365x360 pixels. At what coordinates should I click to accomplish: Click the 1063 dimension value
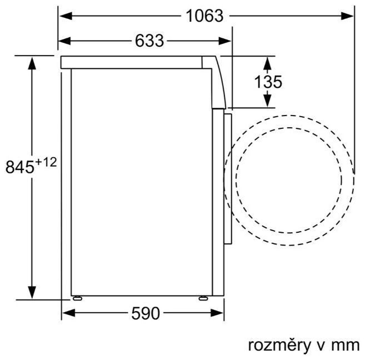[x=204, y=16]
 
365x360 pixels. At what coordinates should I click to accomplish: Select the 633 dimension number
[x=149, y=41]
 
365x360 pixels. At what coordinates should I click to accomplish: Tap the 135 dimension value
[x=268, y=82]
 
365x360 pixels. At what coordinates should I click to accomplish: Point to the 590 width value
[x=146, y=313]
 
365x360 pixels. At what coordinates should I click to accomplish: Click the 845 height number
[x=20, y=167]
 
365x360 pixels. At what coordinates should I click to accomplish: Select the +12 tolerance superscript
[x=46, y=162]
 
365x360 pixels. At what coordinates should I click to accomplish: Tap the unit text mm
[x=346, y=346]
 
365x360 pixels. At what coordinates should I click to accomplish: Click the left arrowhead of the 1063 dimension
[x=66, y=16]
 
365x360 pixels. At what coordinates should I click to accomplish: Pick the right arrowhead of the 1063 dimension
[x=347, y=16]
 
